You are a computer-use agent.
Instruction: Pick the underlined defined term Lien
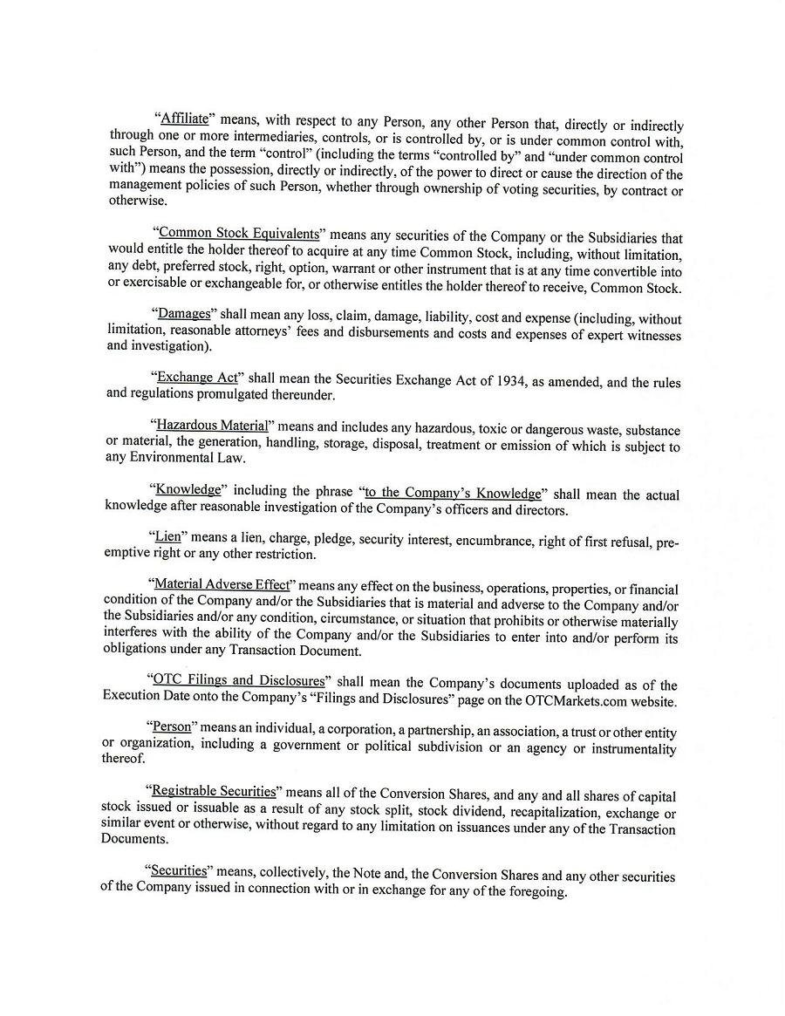[x=167, y=536]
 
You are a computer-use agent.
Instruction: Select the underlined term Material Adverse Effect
[x=221, y=584]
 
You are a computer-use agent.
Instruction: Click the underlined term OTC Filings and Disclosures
[x=237, y=680]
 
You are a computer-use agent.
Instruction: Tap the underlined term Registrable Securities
[x=214, y=791]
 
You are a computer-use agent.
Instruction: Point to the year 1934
[x=507, y=380]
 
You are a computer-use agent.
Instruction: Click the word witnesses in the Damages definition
[x=651, y=334]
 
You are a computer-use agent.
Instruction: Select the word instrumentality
[x=631, y=749]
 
